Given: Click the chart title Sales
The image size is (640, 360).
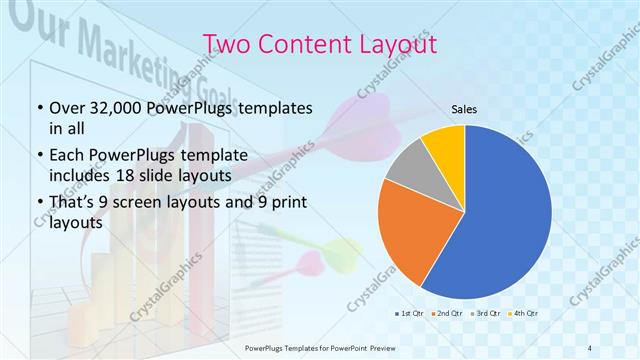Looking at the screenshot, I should (464, 109).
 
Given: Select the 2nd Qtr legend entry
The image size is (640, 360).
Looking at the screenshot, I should (447, 314).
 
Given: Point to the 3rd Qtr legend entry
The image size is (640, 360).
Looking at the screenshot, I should (486, 314).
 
